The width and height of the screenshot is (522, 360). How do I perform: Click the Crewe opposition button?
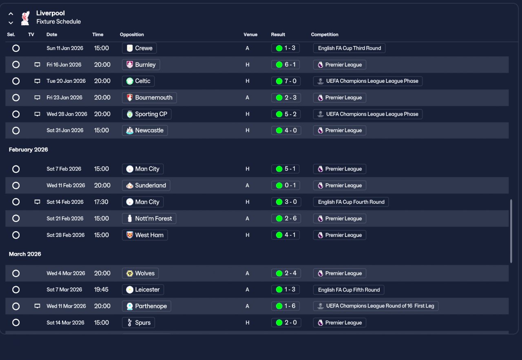point(139,48)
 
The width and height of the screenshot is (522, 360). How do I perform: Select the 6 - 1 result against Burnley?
point(285,64)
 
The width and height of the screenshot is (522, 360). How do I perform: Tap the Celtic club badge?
point(130,81)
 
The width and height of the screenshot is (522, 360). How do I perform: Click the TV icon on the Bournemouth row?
point(37,97)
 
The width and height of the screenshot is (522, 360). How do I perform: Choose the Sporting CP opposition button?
point(146,114)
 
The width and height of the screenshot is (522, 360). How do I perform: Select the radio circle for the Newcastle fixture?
point(16,130)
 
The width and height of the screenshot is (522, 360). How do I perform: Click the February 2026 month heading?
point(29,150)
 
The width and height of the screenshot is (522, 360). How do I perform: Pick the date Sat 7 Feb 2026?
point(64,169)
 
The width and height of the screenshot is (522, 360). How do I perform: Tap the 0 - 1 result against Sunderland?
point(285,186)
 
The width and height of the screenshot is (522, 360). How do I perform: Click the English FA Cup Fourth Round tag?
point(351,202)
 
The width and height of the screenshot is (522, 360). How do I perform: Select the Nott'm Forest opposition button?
point(149,219)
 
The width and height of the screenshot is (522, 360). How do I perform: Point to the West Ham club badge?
point(130,235)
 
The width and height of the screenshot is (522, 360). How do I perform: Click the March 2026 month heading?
point(25,254)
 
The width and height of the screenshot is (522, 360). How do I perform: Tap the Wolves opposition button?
point(140,273)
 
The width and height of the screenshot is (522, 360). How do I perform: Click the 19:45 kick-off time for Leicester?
point(101,289)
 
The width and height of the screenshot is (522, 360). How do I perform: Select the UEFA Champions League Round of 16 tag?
point(376,306)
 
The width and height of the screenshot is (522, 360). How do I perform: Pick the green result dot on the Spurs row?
point(279,323)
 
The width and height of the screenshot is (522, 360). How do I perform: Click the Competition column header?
point(325,35)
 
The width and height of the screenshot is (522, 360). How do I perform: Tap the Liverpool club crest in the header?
point(25,18)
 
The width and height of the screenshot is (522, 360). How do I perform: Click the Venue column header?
point(250,35)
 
